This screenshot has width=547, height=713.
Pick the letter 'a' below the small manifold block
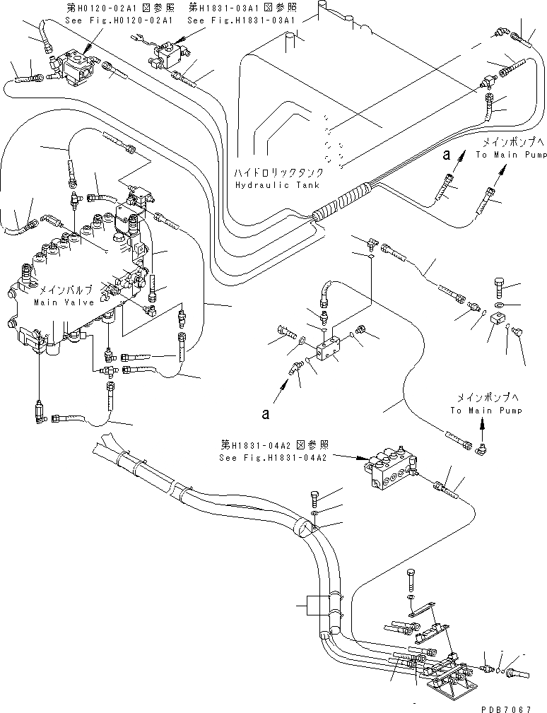point(266,415)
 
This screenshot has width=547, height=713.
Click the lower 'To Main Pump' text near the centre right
point(486,411)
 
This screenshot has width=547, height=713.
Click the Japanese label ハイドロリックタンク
point(281,172)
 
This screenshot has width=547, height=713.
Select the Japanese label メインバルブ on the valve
point(63,290)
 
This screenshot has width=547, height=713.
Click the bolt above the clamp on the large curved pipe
point(315,498)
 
